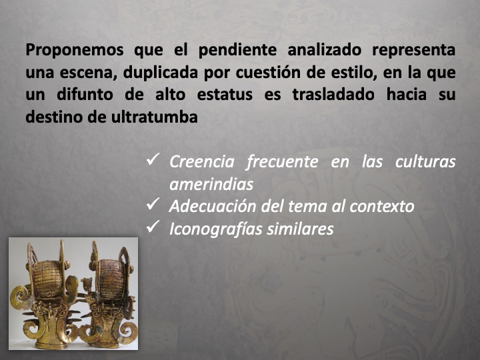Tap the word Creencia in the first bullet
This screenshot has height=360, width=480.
tap(201, 162)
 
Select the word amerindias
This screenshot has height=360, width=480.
tap(211, 184)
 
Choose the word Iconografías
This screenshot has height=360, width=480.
tap(217, 229)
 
